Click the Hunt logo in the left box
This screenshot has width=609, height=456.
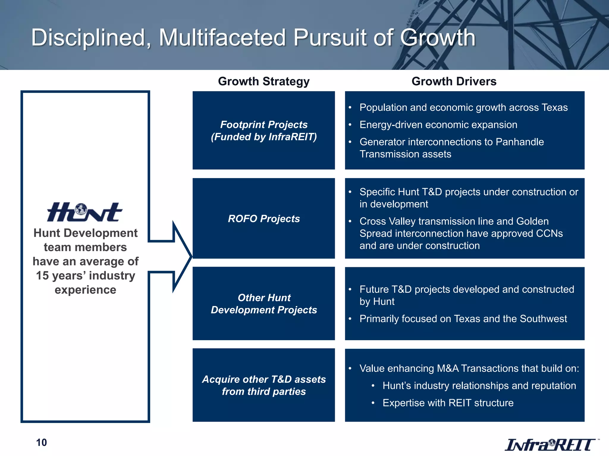coord(84,212)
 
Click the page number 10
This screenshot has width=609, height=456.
coord(41,442)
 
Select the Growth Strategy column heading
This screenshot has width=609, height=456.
coord(264,81)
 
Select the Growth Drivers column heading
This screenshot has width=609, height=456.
coord(454,81)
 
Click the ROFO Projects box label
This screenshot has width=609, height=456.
coord(264,219)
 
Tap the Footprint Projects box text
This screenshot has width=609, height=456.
coord(264,131)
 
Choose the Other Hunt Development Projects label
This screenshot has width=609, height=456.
coord(264,304)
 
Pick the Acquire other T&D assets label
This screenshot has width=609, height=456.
coord(264,385)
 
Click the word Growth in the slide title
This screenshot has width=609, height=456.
coord(438,38)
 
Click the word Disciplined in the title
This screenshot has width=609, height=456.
coord(91,38)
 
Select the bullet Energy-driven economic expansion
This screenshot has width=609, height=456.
coord(438,125)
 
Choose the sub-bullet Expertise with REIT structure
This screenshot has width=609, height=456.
coord(448,403)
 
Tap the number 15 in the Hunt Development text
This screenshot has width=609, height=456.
coord(42,275)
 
